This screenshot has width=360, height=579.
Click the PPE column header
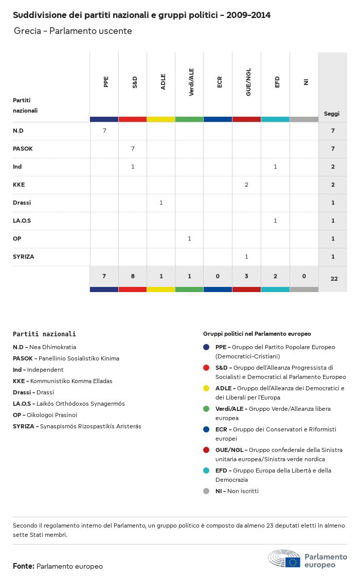click(x=105, y=82)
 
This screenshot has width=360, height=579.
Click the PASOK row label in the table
click(x=23, y=149)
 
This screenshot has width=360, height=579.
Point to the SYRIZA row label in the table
click(x=24, y=257)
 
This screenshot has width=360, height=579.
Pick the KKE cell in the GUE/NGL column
click(x=247, y=185)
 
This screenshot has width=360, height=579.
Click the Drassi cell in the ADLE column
click(x=161, y=203)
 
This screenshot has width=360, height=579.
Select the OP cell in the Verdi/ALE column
click(x=189, y=239)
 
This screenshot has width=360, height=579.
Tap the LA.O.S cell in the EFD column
click(x=275, y=221)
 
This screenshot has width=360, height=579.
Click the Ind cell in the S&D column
click(x=133, y=167)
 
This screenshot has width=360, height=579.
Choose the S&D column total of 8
click(x=133, y=276)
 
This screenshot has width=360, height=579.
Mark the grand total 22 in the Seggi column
click(x=334, y=279)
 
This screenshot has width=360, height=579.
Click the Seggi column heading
click(x=332, y=114)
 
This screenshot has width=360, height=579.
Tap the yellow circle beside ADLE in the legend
click(x=206, y=388)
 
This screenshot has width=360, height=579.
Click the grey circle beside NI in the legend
click(x=206, y=491)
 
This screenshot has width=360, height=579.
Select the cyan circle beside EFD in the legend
click(x=206, y=471)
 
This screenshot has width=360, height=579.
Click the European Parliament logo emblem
click(x=284, y=559)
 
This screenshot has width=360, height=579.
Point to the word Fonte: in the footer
click(x=24, y=566)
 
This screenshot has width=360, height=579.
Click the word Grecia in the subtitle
click(x=27, y=31)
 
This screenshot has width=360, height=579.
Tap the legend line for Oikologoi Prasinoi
click(x=45, y=415)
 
